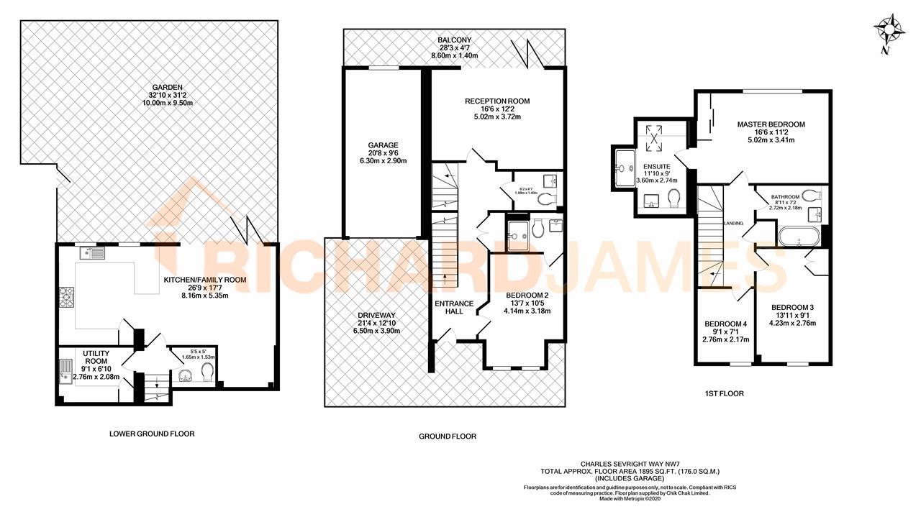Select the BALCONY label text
454,40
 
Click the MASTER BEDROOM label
771,124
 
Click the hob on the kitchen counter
65,296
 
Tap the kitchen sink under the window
94,252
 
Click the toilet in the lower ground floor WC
207,371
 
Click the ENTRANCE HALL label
454,308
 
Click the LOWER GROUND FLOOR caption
152,434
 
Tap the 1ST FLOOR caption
725,393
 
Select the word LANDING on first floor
733,224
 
